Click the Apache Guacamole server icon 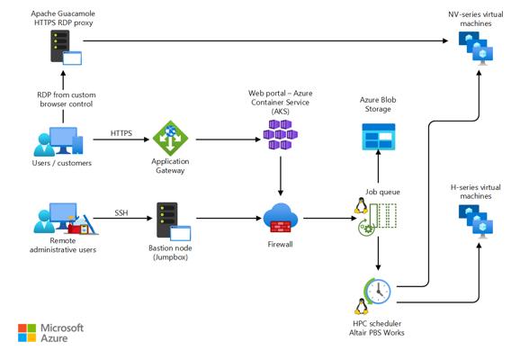(x=66, y=48)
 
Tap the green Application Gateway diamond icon (x=170, y=139)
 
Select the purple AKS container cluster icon (x=281, y=134)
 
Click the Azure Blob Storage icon (x=379, y=137)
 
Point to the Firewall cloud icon (x=281, y=218)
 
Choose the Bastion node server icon (x=174, y=221)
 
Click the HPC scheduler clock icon (x=378, y=292)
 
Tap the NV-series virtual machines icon (x=476, y=48)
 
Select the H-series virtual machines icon (x=476, y=221)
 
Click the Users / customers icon (x=58, y=141)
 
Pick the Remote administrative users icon (x=66, y=219)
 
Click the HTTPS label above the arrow (x=121, y=133)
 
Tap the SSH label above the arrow (x=121, y=213)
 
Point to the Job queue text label (x=382, y=192)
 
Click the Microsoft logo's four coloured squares (x=27, y=333)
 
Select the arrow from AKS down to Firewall (x=281, y=176)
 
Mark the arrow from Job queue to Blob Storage (x=378, y=166)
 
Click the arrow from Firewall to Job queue (x=330, y=218)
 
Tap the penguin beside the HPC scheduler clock (x=362, y=306)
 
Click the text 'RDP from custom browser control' (x=67, y=100)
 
